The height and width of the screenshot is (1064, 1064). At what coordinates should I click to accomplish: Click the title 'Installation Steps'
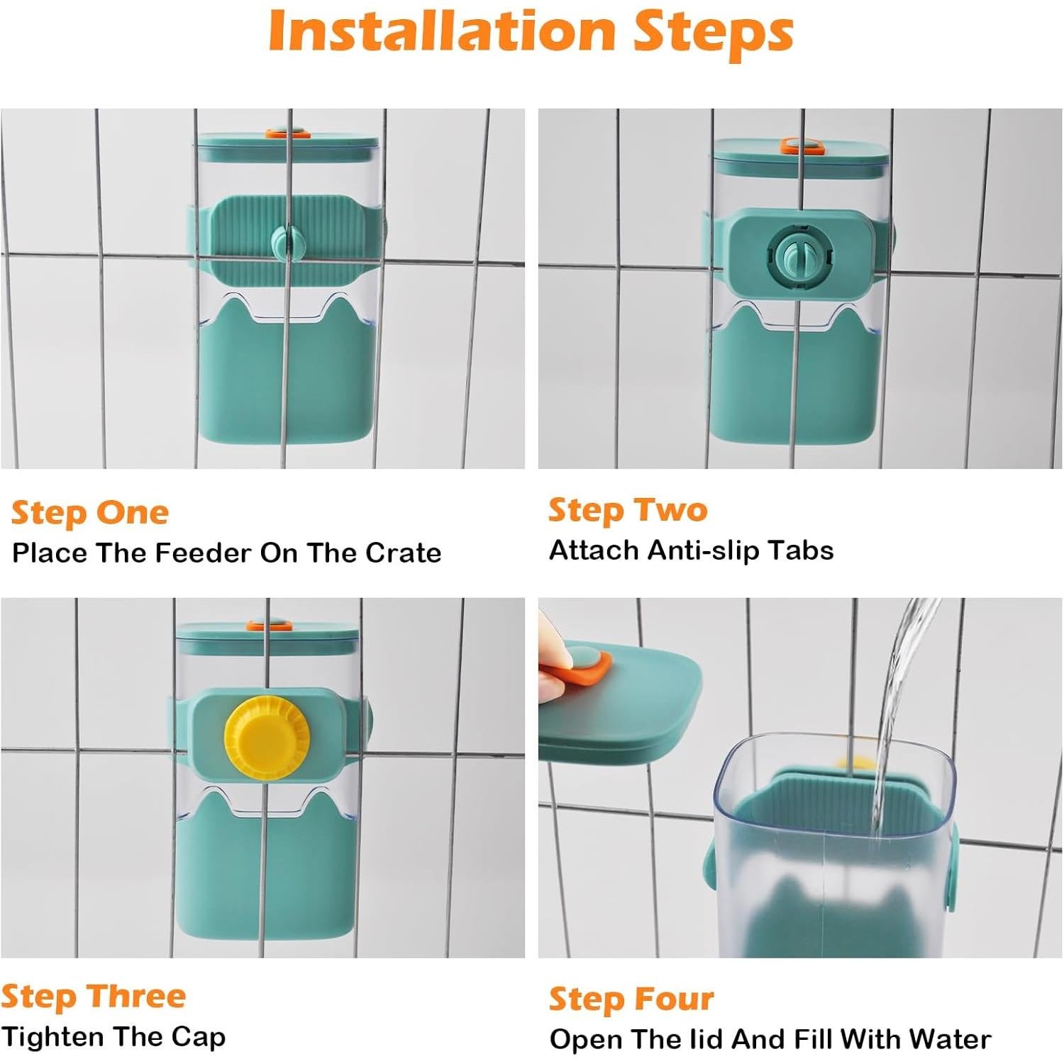(531, 32)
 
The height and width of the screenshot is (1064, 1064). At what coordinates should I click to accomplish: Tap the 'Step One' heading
(90, 513)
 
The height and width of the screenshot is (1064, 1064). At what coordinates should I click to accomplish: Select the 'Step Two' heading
(628, 510)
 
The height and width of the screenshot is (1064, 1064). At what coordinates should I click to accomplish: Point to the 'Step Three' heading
(94, 996)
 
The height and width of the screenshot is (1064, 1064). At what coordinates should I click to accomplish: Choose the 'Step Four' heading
(631, 999)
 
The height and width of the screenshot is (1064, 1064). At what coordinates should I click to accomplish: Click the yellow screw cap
(267, 737)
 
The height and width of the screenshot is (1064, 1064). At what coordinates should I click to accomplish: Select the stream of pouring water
(901, 716)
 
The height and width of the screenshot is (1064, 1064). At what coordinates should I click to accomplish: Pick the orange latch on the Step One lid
(288, 133)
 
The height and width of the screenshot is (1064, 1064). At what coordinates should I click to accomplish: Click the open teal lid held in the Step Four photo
(619, 702)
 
